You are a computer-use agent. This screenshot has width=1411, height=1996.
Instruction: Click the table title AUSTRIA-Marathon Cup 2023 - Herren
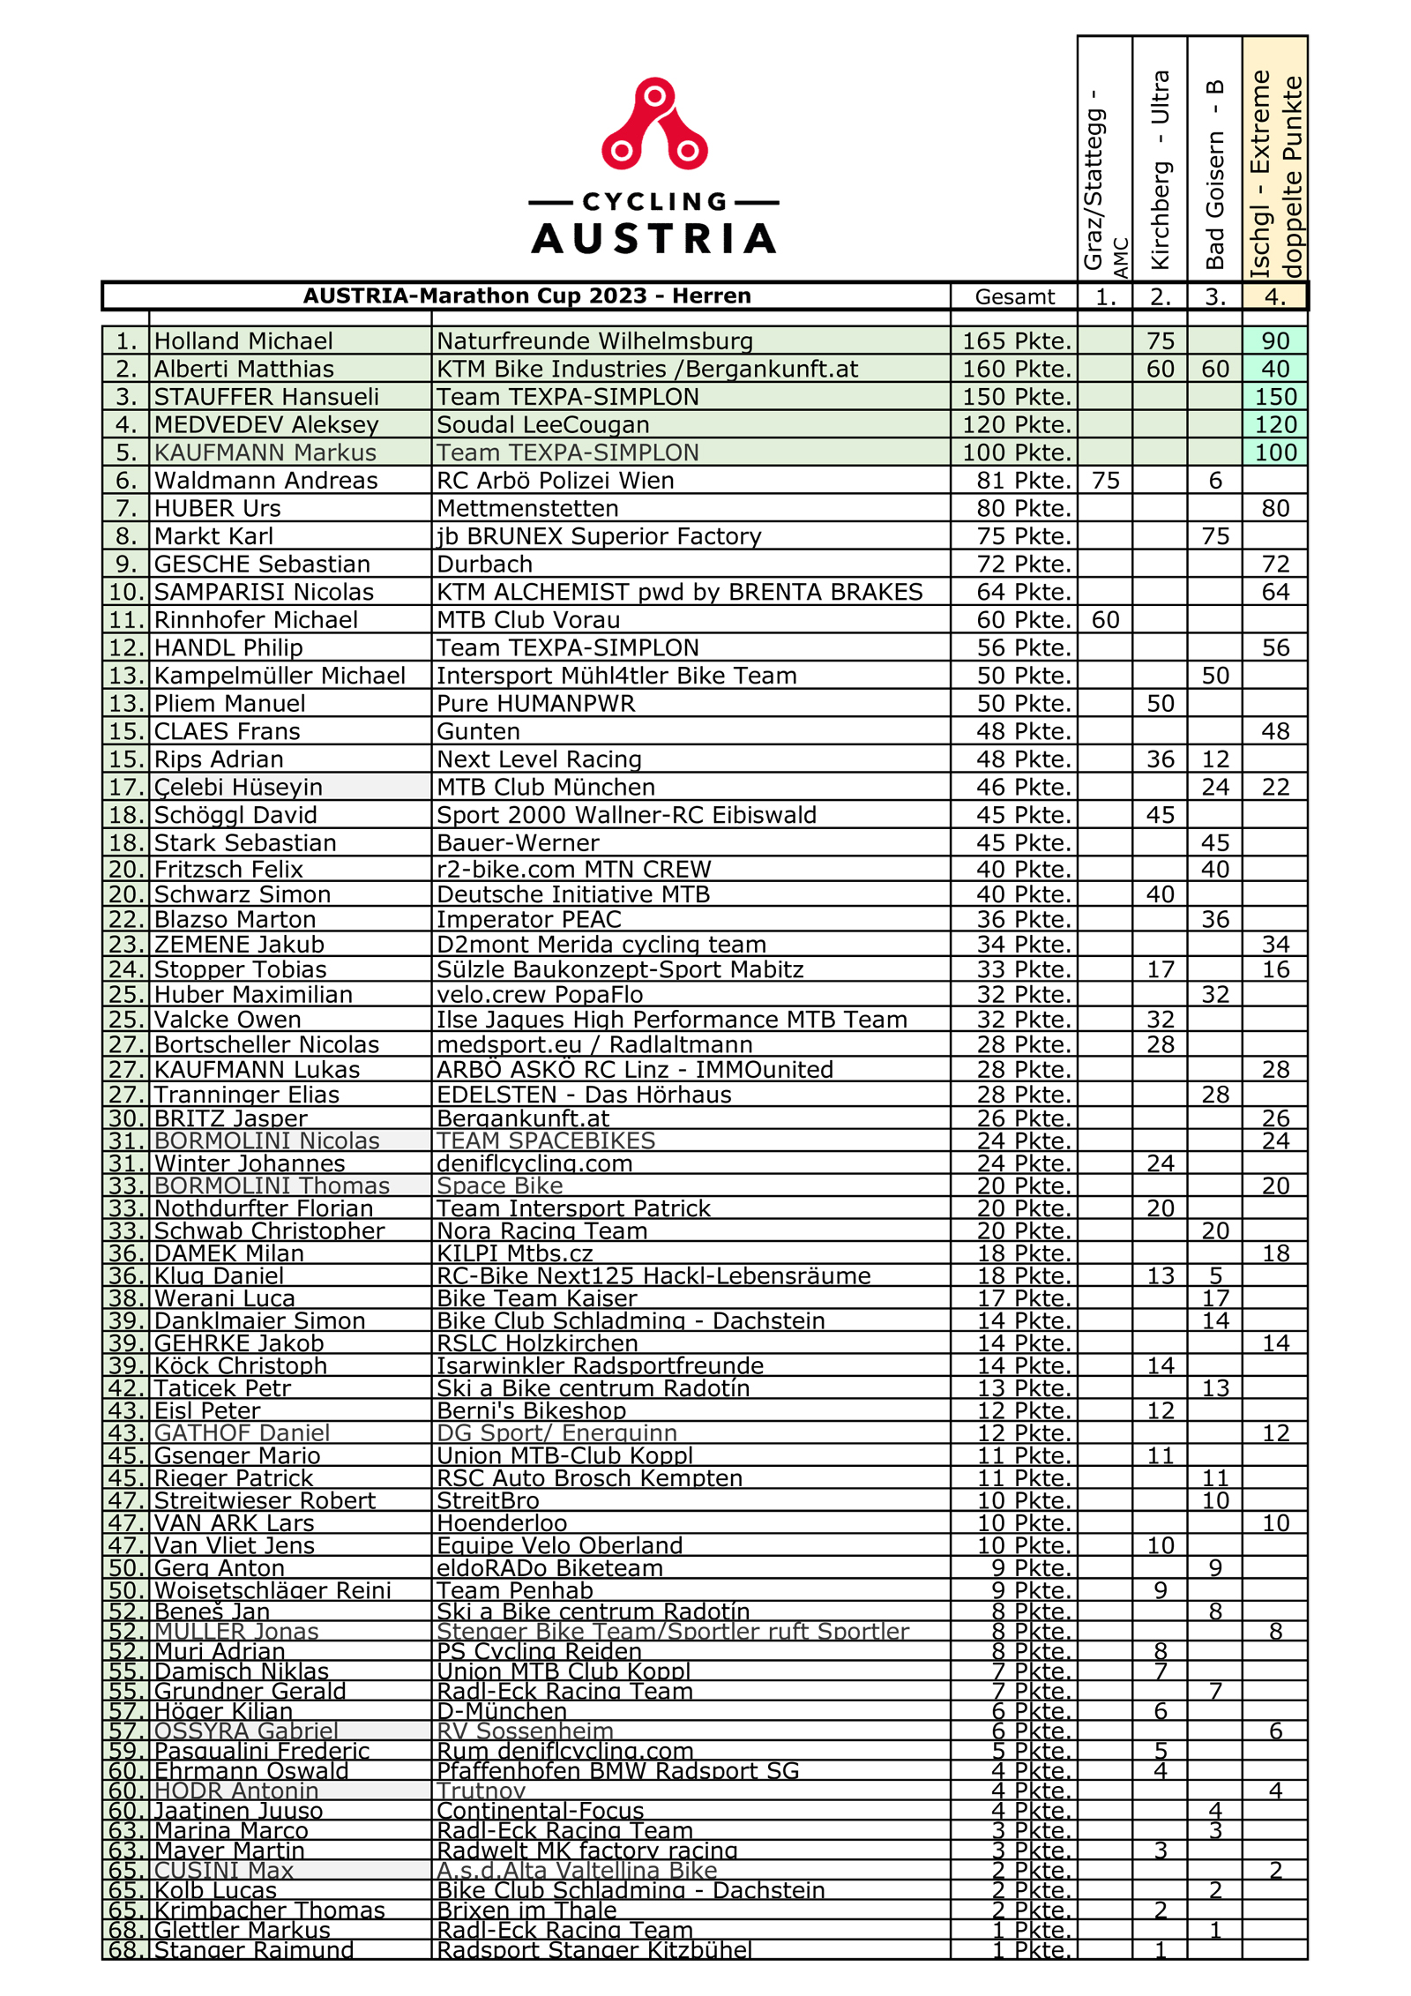tap(526, 295)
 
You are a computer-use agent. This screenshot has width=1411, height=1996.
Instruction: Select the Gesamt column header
tap(1014, 296)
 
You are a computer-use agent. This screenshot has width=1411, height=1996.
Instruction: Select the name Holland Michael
tap(243, 340)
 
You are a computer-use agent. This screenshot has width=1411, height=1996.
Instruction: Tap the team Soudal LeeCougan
tap(543, 424)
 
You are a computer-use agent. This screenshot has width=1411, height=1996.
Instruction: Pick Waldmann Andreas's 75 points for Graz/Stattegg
tap(1105, 480)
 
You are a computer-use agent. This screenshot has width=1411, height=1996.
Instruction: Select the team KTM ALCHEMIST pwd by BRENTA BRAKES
tap(680, 592)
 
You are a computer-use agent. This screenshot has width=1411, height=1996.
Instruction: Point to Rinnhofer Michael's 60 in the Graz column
tap(1105, 620)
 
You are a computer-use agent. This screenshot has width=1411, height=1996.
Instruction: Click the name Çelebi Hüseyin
tap(238, 787)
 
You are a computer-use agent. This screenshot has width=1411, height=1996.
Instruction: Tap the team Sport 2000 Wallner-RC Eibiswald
tap(626, 815)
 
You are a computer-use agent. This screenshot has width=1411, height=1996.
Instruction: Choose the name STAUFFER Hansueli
tap(266, 397)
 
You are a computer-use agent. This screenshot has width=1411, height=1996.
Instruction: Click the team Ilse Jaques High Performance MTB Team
tap(672, 1020)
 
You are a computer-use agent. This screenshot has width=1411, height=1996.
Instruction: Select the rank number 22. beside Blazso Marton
tap(126, 919)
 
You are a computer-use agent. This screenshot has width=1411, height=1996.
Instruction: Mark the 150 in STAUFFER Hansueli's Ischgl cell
tap(1275, 397)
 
